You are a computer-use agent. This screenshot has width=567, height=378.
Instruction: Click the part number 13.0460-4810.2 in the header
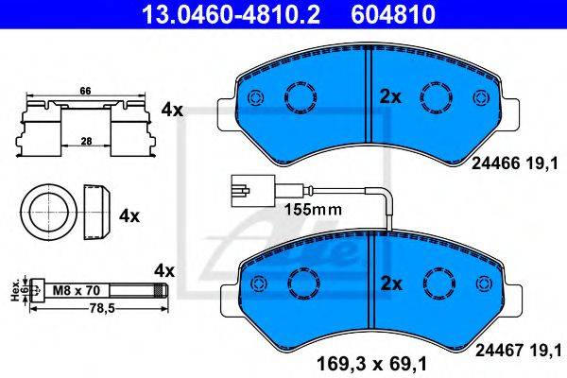tap(231, 15)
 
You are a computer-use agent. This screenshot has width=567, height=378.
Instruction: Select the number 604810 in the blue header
tap(393, 15)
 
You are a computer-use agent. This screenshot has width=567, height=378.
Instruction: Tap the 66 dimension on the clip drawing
tap(85, 91)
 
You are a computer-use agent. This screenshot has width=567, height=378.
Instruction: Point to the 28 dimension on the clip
tap(86, 141)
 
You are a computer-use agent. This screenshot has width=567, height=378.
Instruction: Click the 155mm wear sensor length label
tap(313, 210)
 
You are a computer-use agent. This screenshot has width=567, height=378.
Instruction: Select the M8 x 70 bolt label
tap(76, 290)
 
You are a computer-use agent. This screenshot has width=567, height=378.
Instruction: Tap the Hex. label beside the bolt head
tap(15, 291)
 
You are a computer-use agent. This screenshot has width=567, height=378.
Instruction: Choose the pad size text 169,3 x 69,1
tap(371, 364)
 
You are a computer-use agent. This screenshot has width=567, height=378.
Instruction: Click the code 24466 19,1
tap(515, 164)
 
